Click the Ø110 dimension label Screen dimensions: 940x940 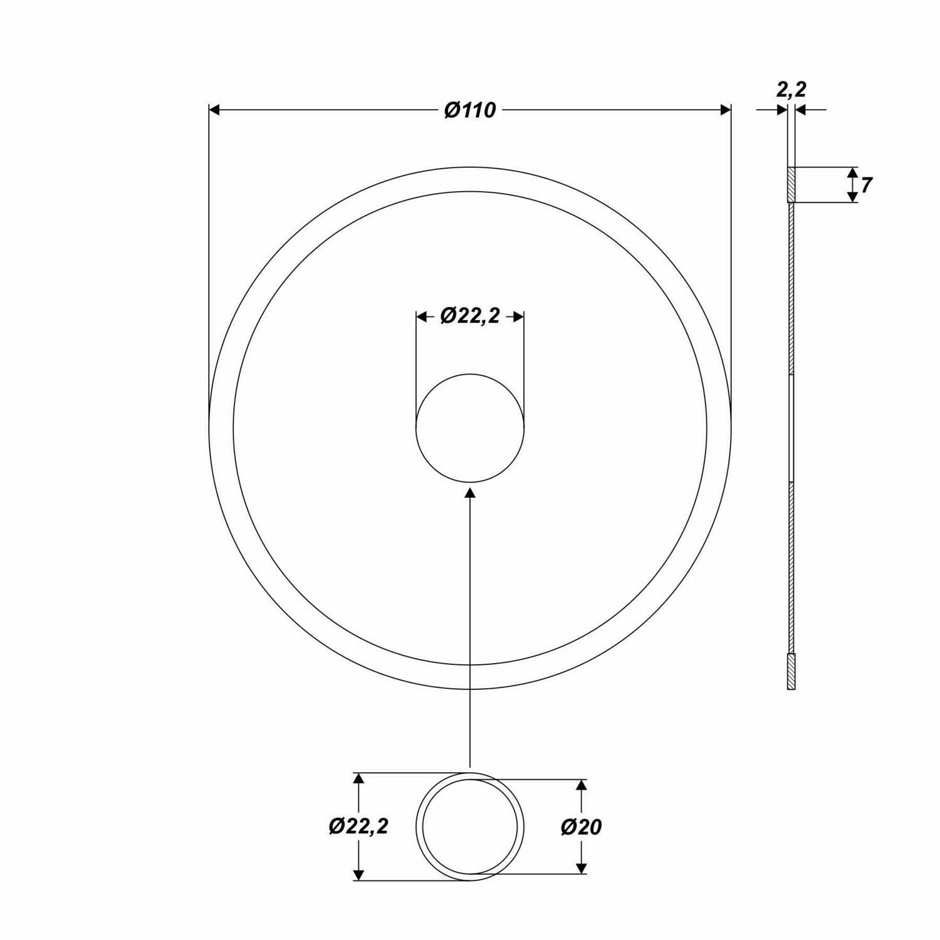click(x=470, y=110)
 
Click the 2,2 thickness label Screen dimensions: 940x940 click(x=791, y=90)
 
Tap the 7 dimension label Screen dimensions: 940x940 click(x=866, y=185)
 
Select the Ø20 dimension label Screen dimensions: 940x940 click(x=581, y=827)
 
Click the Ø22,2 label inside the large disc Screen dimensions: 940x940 click(x=470, y=316)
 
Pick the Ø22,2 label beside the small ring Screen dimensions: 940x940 click(x=358, y=826)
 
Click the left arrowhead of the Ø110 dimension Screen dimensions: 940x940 click(x=214, y=110)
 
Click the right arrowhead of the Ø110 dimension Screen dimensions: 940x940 click(x=726, y=110)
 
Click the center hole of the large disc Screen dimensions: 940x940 click(x=470, y=429)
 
